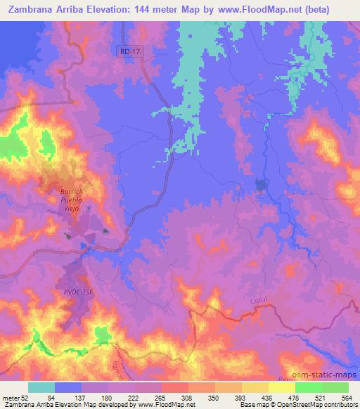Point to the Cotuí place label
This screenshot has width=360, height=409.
259,301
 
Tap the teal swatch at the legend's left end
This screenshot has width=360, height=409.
41,387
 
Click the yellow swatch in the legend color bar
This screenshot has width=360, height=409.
256,387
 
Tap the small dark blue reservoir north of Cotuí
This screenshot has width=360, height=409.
261,186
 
